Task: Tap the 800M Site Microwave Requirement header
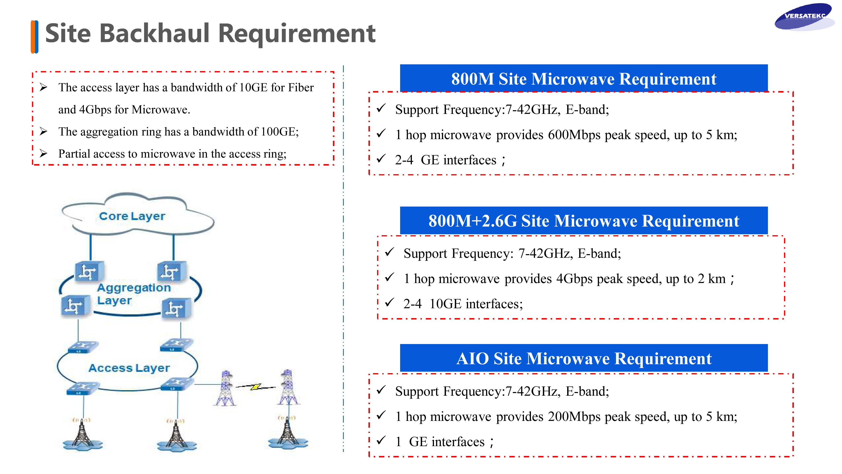point(584,79)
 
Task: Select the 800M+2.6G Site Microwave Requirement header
point(584,221)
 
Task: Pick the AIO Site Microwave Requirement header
point(584,358)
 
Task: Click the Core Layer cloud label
point(132,216)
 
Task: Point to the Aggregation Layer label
point(134,294)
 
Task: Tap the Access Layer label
point(129,368)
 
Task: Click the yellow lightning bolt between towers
point(256,387)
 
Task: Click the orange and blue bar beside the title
point(34,37)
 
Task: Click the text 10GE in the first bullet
point(253,87)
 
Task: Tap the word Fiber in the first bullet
point(301,87)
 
